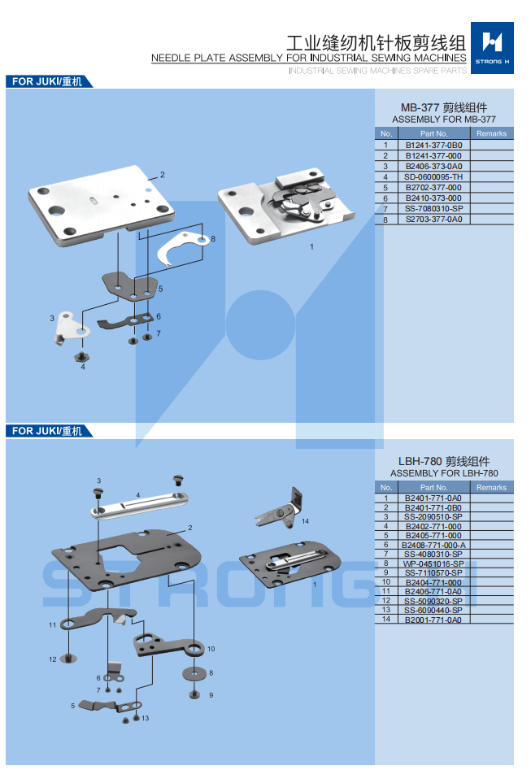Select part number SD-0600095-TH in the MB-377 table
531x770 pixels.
tap(433, 176)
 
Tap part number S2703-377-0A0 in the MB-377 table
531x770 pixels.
tap(433, 220)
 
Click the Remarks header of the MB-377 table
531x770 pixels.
tap(491, 133)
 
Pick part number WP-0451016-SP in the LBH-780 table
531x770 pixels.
tap(433, 563)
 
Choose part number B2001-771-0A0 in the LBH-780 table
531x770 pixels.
tap(433, 620)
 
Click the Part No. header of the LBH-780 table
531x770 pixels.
tap(433, 488)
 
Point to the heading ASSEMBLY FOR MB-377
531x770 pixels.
tap(443, 119)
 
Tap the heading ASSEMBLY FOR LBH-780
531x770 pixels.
tap(443, 473)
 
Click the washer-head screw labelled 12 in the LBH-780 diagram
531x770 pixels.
tap(68, 658)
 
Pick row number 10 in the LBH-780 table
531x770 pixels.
tap(386, 582)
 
